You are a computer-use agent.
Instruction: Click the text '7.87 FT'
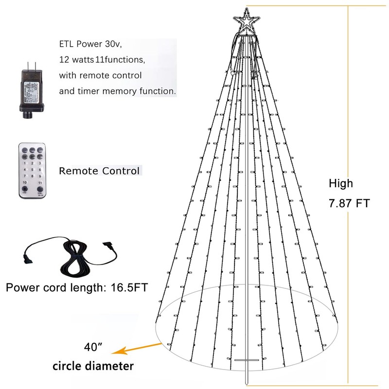point(349,203)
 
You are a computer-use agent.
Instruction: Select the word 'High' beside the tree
point(341,184)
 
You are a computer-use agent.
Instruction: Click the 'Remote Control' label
point(100,171)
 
